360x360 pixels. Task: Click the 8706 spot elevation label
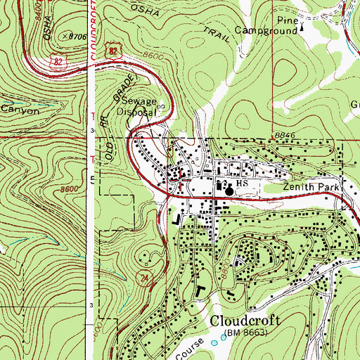coord(78,34)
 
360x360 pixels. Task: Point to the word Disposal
coord(136,111)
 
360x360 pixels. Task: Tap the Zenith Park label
coord(311,188)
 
